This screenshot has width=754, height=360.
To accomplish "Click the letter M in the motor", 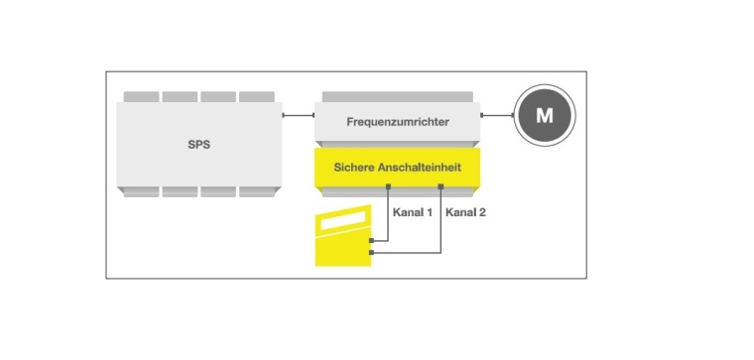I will [x=544, y=115].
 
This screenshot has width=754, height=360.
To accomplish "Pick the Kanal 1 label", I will [x=415, y=212].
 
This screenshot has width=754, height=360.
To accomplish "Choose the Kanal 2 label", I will [x=466, y=212].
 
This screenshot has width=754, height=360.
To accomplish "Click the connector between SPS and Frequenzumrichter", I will [x=299, y=115].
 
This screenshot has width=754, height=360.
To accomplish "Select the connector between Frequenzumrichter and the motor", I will [x=496, y=115].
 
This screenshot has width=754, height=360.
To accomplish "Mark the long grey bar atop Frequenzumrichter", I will [x=397, y=96].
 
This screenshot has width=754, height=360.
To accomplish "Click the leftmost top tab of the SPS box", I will [x=141, y=96].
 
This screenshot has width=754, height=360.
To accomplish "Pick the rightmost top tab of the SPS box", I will [x=257, y=96].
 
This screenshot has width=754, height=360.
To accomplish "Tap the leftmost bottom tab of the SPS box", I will [x=141, y=192].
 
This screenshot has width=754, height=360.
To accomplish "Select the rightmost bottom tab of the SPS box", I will [x=257, y=192].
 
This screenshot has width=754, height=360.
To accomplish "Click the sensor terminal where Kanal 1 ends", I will [x=370, y=240].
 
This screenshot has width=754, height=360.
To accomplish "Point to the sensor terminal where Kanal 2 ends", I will [x=370, y=255].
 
